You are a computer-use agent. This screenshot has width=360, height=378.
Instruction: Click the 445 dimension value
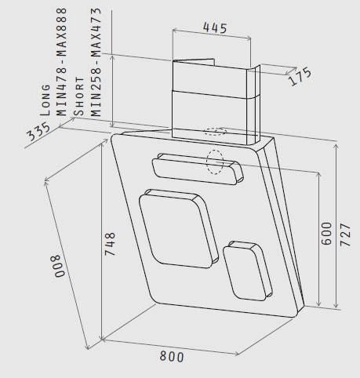pyautogui.click(x=215, y=27)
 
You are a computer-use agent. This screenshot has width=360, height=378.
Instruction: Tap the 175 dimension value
pyautogui.click(x=300, y=76)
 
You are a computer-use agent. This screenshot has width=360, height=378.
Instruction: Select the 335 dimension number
pyautogui.click(x=38, y=132)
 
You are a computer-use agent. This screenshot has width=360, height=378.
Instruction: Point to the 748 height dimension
pyautogui.click(x=110, y=244)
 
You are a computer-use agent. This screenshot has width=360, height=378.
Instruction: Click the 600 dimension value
pyautogui.click(x=326, y=234)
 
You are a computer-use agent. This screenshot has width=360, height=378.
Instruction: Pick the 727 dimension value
pyautogui.click(x=345, y=234)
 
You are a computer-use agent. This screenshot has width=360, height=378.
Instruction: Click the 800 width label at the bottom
pyautogui.click(x=172, y=357)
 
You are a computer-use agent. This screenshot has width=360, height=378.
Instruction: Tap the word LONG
pyautogui.click(x=45, y=100)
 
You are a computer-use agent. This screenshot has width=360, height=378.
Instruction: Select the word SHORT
pyautogui.click(x=79, y=96)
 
